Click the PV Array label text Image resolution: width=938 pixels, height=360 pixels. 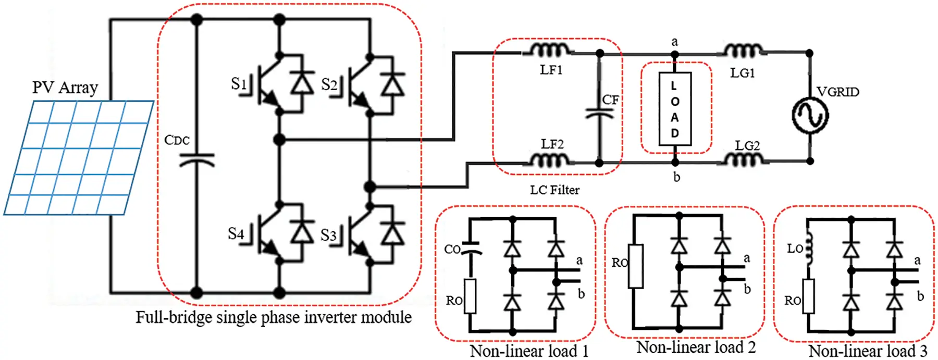click(65, 88)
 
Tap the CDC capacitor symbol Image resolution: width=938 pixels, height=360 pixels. click(196, 160)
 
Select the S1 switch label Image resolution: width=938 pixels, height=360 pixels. click(238, 84)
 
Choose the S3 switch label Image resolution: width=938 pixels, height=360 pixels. click(328, 235)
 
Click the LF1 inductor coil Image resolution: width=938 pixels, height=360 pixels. click(551, 50)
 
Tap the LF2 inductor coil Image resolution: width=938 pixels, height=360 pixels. click(550, 160)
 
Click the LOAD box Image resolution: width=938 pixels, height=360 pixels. click(675, 109)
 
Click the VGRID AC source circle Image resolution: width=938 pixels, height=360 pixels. click(810, 115)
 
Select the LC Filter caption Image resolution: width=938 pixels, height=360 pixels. click(554, 190)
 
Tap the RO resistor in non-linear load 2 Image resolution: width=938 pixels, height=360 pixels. click(635, 266)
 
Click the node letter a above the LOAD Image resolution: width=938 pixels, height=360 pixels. click(674, 42)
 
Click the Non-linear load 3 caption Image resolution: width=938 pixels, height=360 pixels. click(868, 351)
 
